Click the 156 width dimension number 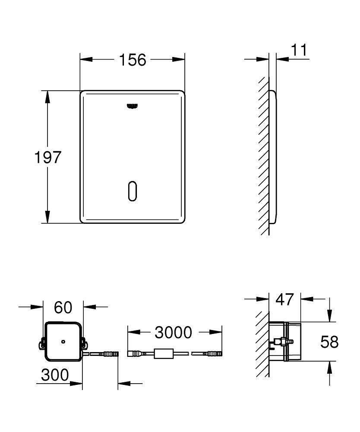point(133,60)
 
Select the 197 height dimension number point(48,157)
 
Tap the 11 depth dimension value point(298,51)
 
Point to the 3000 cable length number point(173,332)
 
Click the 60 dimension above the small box point(63,308)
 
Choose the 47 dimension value point(284,299)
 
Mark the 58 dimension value point(329,342)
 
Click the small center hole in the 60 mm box point(63,342)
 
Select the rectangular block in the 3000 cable point(164,354)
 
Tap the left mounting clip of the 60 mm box point(42,344)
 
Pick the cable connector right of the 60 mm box point(109,354)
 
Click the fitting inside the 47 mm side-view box point(281,343)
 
